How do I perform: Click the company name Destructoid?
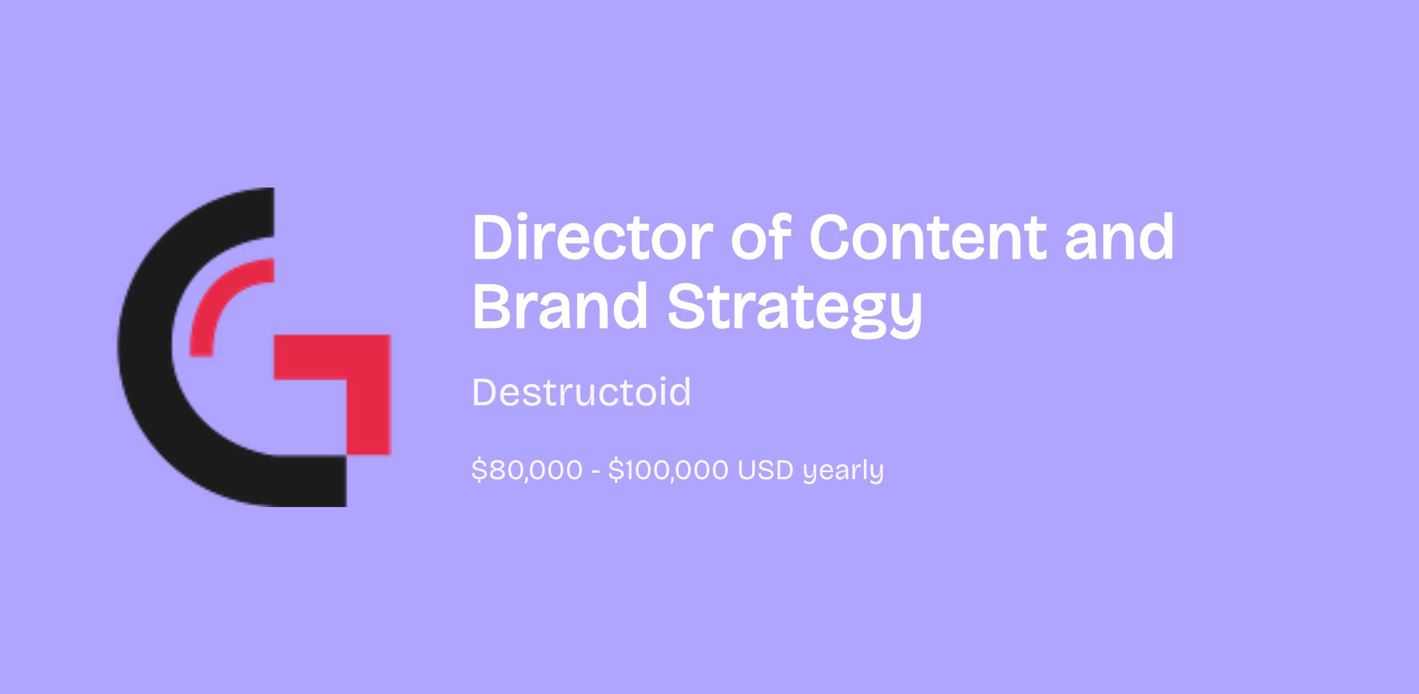point(581,392)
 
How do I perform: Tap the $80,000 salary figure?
point(527,470)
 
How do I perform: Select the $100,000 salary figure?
point(668,470)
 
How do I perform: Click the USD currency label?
point(765,470)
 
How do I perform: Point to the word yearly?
point(843,472)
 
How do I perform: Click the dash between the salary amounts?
point(595,472)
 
